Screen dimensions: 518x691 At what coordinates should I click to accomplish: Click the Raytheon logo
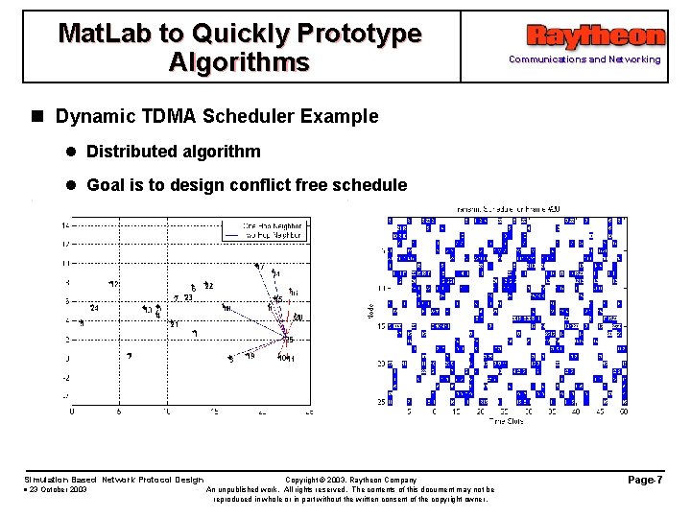(595, 36)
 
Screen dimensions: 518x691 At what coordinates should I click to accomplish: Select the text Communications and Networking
(584, 59)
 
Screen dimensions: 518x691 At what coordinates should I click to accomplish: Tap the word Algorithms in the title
(239, 62)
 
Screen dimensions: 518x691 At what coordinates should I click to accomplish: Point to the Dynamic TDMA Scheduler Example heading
(217, 117)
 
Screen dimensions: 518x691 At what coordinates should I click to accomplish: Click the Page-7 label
(646, 478)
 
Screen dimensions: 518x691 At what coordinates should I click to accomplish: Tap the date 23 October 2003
(58, 489)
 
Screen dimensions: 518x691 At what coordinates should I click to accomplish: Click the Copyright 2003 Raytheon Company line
(350, 479)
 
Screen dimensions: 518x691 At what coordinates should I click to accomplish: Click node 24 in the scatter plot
(94, 308)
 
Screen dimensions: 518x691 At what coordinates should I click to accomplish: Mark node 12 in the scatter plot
(114, 285)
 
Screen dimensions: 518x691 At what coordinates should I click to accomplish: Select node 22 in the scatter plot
(208, 286)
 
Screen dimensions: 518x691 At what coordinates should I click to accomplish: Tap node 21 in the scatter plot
(174, 324)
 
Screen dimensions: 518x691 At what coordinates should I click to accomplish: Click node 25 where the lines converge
(286, 338)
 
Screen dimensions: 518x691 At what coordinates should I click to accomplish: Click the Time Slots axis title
(506, 421)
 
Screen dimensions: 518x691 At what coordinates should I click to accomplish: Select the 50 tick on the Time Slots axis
(624, 412)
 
